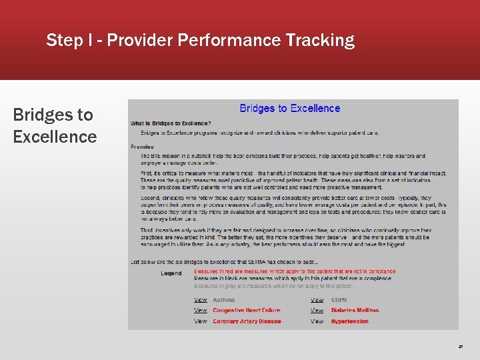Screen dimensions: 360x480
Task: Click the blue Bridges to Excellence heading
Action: pos(289,109)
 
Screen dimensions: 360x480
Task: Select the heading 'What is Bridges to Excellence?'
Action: pos(171,123)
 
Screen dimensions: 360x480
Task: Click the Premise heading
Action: pos(142,147)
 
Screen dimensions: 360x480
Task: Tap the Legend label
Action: pos(171,273)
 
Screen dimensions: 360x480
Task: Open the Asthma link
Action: pos(223,300)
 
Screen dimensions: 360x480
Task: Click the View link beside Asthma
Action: pos(201,300)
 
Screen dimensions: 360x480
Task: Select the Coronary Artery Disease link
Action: pos(247,321)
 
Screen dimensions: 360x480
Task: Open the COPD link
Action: pos(339,300)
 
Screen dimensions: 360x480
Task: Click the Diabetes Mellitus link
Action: pos(355,311)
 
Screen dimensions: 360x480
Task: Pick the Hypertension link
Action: pos(349,321)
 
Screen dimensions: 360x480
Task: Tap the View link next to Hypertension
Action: pos(317,321)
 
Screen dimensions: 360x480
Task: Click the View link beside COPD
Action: pos(317,300)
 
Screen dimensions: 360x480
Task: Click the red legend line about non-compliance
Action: pos(294,272)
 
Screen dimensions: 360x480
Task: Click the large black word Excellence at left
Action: pos(55,137)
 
